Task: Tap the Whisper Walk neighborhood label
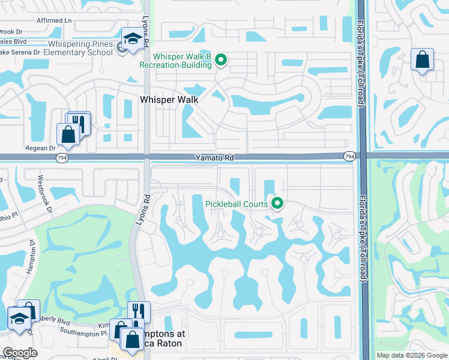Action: tap(169, 100)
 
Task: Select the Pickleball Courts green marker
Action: tap(277, 204)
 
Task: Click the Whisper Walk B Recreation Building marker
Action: tap(221, 59)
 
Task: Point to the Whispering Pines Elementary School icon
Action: tap(130, 40)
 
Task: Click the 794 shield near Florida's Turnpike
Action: tap(349, 157)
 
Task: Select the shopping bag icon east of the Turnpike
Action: tap(422, 60)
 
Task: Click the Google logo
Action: tap(20, 353)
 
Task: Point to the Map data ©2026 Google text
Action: tap(411, 355)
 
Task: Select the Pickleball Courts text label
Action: tap(237, 204)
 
